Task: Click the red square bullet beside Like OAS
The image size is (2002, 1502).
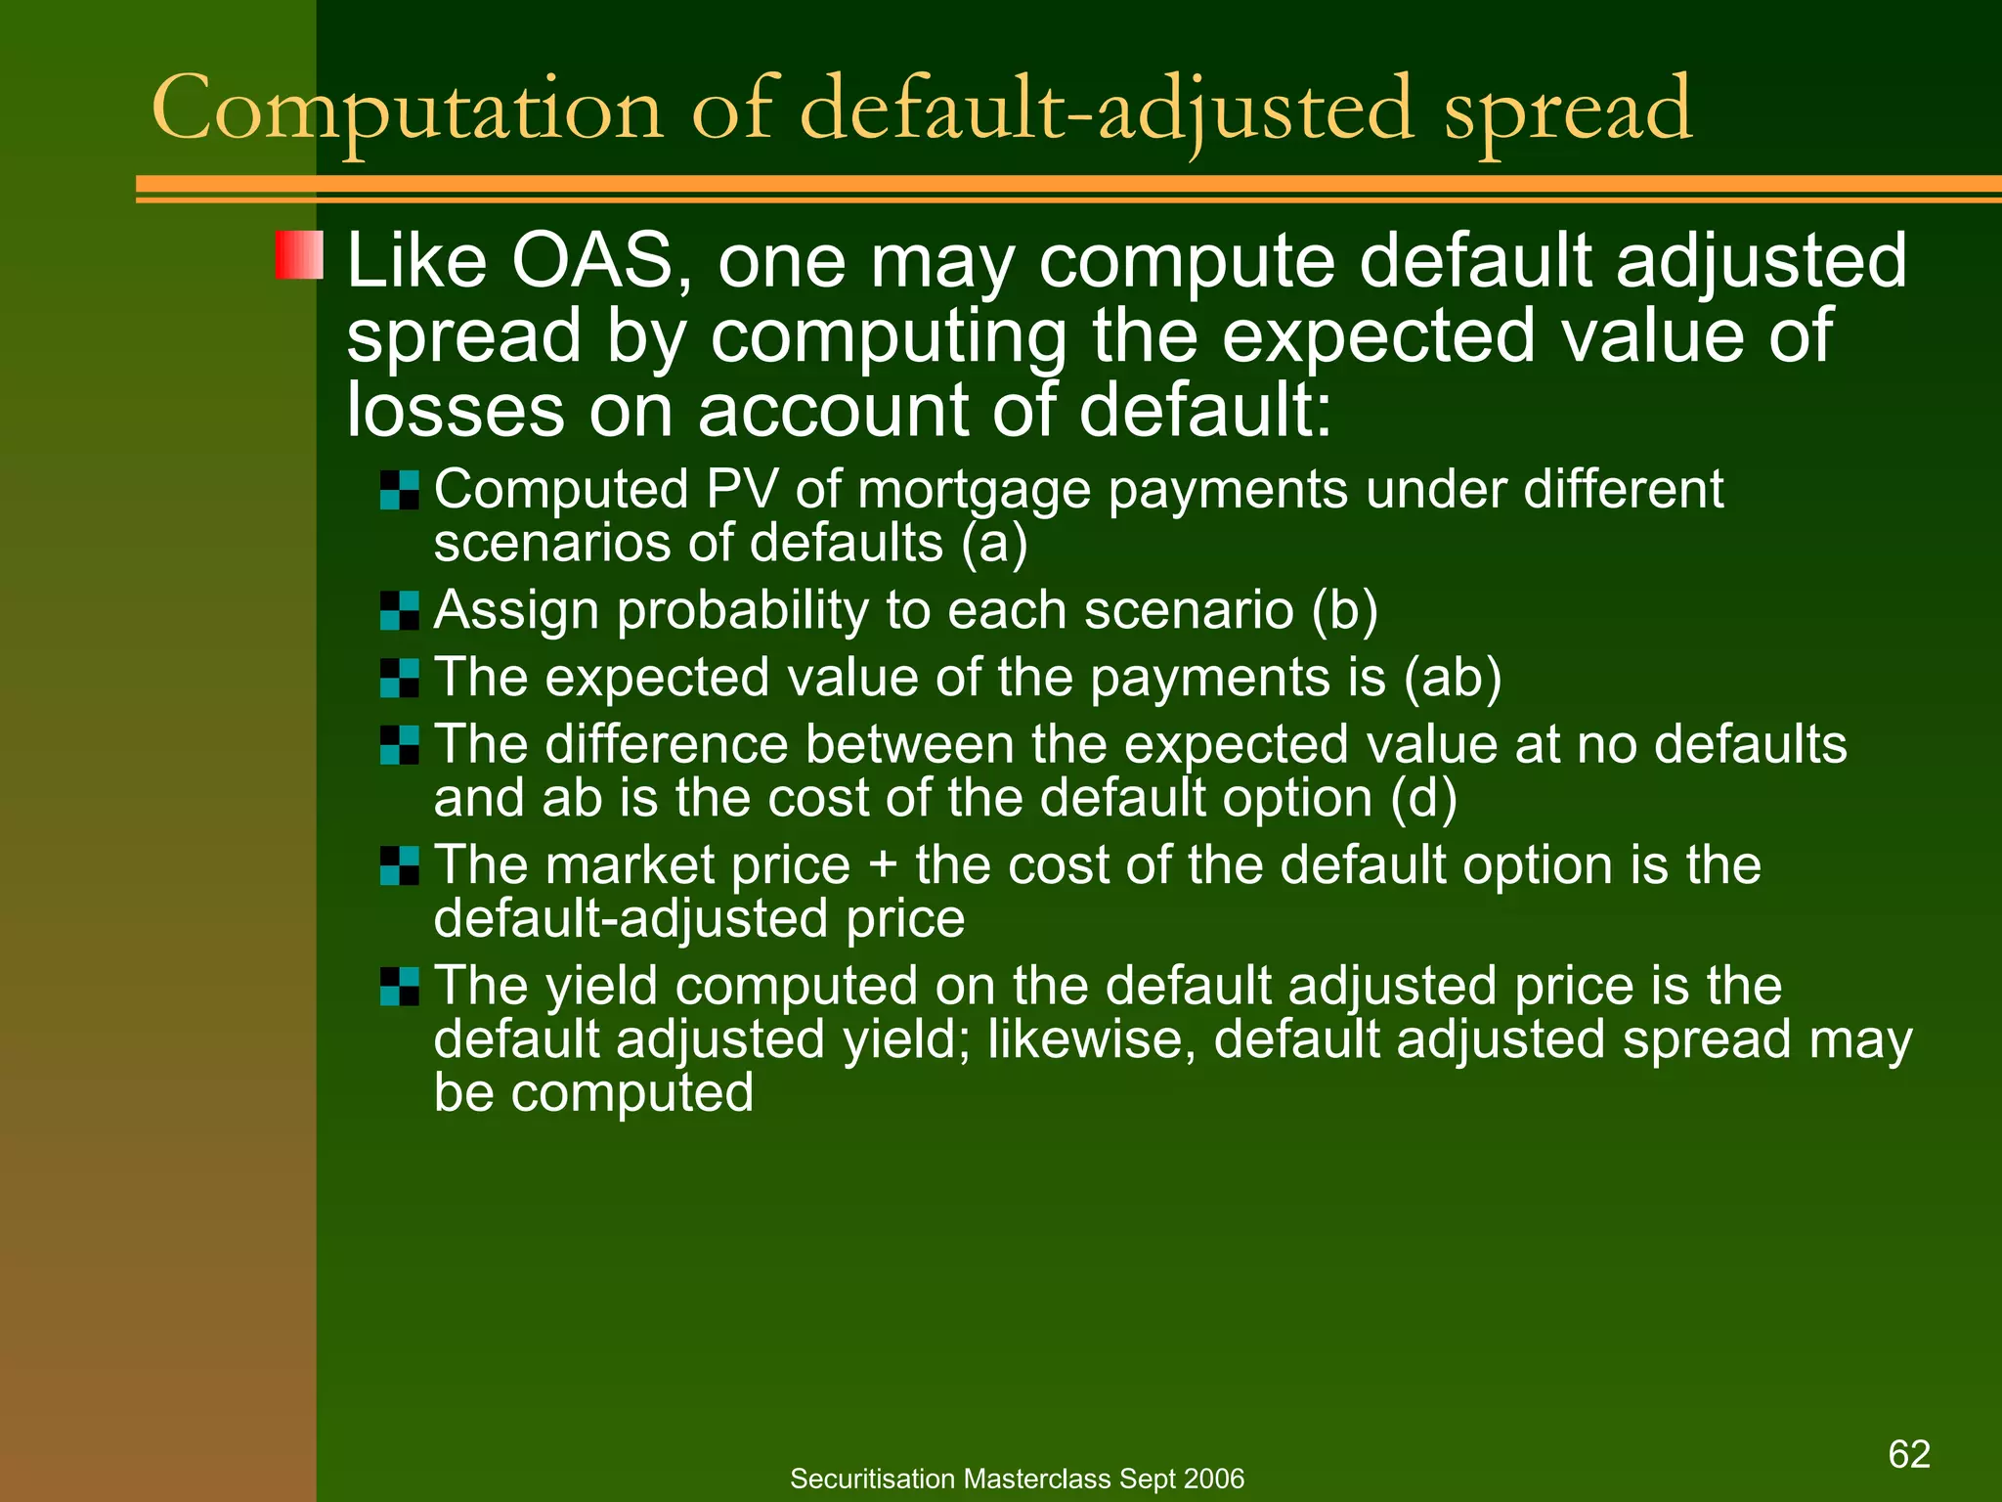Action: pyautogui.click(x=299, y=255)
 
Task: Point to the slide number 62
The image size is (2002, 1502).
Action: pyautogui.click(x=1908, y=1454)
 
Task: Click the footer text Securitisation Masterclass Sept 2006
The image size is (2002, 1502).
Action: pyautogui.click(x=1017, y=1479)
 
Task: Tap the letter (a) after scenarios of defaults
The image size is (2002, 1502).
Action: pyautogui.click(x=994, y=544)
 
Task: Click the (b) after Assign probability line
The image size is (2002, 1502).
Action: pyautogui.click(x=1344, y=611)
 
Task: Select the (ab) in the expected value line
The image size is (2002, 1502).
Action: pyautogui.click(x=1453, y=678)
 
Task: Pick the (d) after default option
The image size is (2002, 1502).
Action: pyautogui.click(x=1423, y=799)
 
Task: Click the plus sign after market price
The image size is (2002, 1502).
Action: pyautogui.click(x=882, y=866)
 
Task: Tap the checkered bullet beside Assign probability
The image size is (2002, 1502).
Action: pyautogui.click(x=400, y=610)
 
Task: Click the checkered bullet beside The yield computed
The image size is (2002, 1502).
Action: pyautogui.click(x=400, y=986)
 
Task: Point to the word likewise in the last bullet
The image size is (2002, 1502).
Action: pyautogui.click(x=1090, y=1039)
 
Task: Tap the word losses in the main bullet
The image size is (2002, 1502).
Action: pyautogui.click(x=455, y=410)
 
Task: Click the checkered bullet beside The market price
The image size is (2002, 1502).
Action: pyautogui.click(x=400, y=865)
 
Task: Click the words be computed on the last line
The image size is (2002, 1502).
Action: pyautogui.click(x=593, y=1093)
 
